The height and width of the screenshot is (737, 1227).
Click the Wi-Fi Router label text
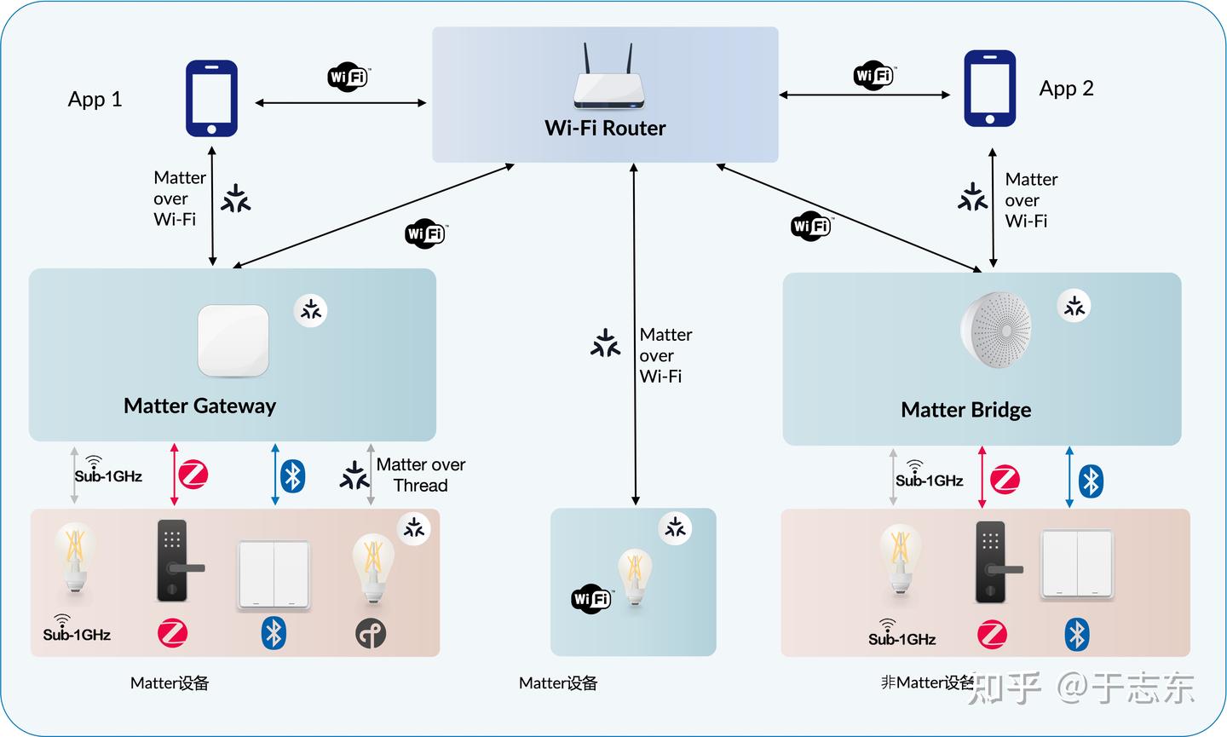605,128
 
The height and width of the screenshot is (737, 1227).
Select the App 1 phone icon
211,98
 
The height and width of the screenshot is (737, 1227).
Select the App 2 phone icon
989,89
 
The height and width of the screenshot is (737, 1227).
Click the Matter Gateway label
199,406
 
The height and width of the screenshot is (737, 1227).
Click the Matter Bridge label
965,410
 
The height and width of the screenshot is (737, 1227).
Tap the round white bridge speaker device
996,330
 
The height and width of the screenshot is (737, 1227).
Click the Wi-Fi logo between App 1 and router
348,78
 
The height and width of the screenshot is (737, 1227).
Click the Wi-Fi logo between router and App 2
873,76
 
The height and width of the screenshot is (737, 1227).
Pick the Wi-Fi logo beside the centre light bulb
591,599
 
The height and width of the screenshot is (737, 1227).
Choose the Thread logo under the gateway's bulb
371,633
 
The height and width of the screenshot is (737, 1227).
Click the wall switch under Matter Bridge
1077,564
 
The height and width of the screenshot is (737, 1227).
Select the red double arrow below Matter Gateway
175,474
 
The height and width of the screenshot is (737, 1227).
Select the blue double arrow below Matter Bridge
1069,477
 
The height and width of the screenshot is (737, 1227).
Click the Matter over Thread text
421,475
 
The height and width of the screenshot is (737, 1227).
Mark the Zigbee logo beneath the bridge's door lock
992,635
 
